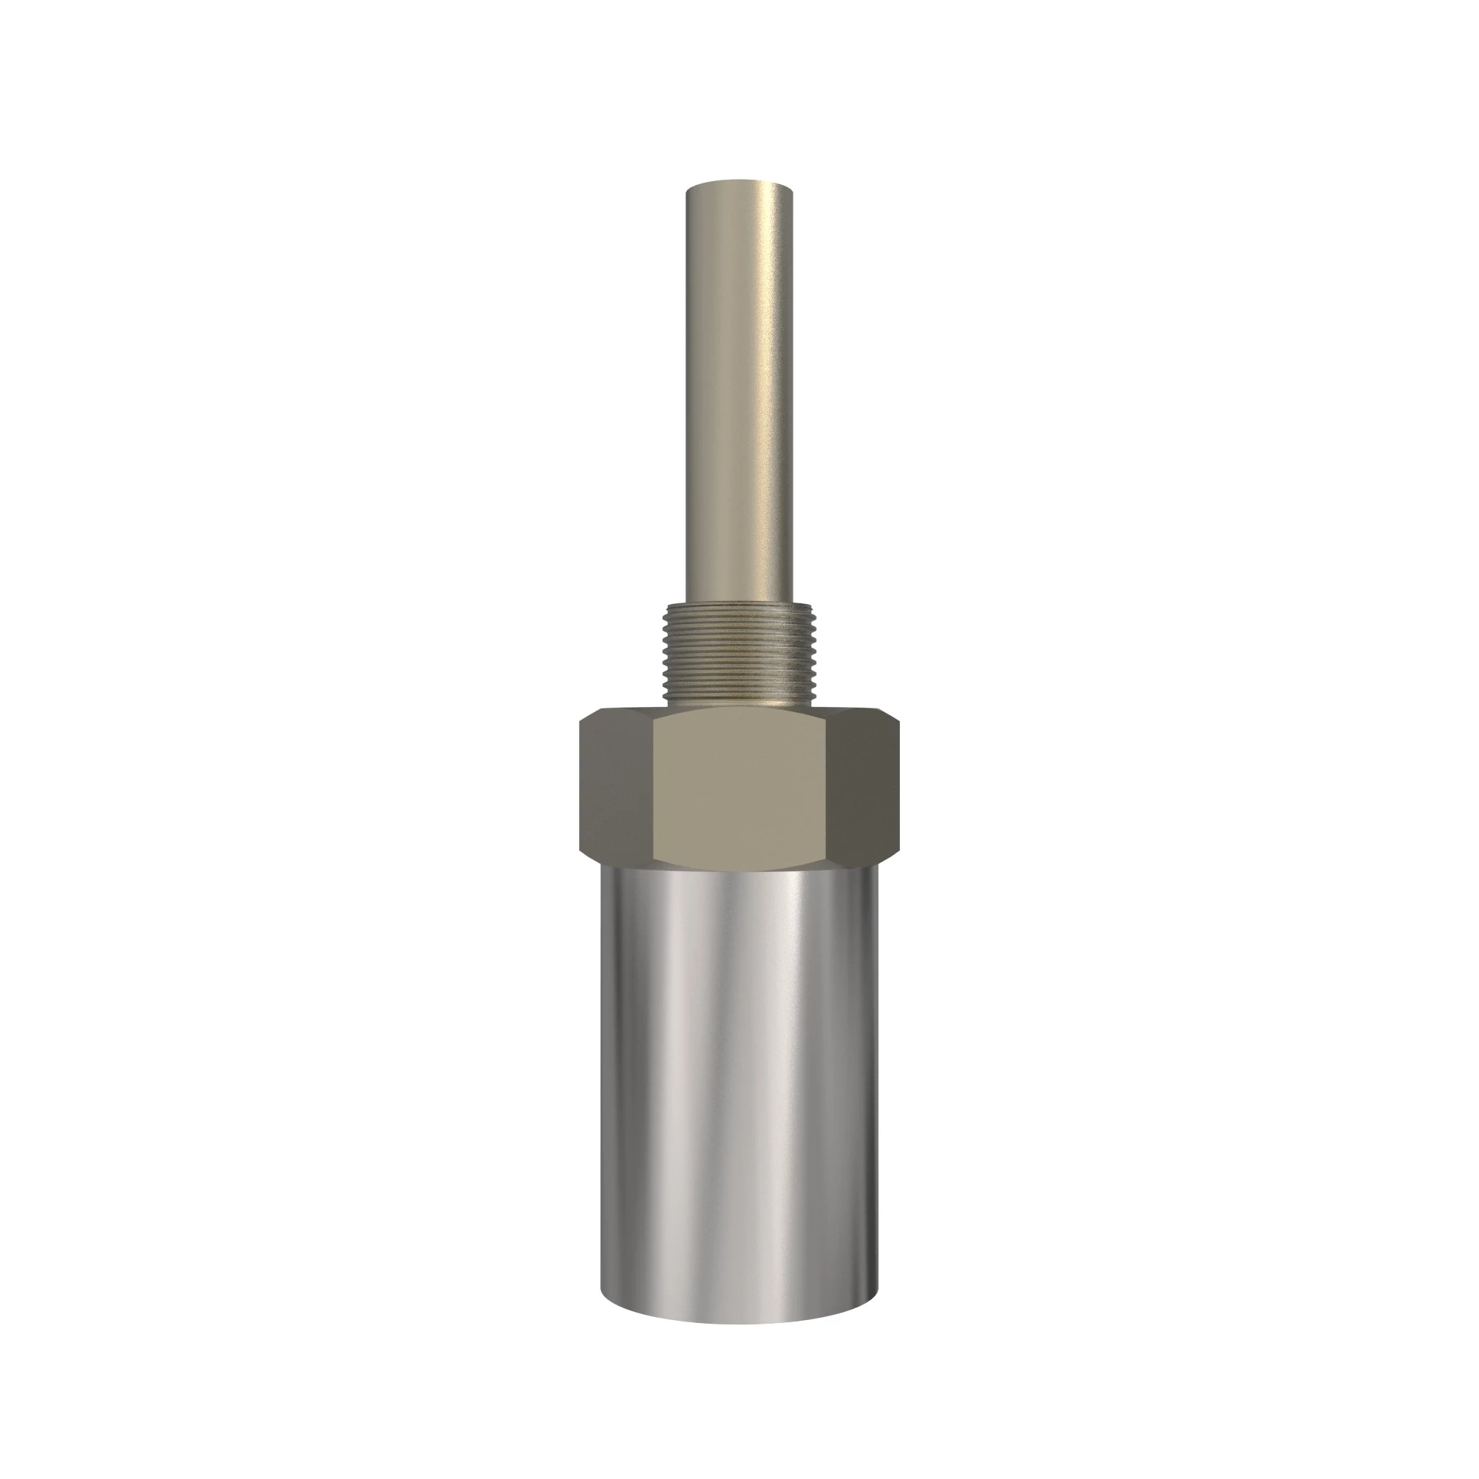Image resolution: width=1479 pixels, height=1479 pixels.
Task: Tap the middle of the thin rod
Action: (x=739, y=390)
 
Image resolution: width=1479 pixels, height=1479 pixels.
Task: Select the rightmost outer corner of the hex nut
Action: (x=898, y=788)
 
